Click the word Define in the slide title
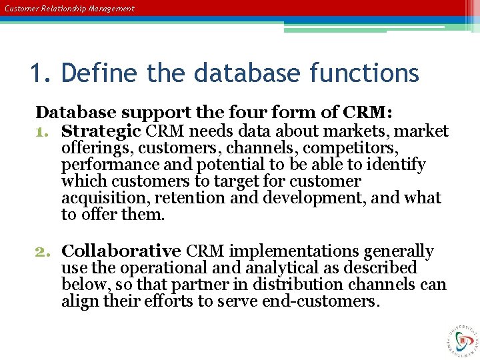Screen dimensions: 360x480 click(x=101, y=73)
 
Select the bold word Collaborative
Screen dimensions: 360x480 click(x=121, y=251)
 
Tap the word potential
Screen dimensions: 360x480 click(x=217, y=165)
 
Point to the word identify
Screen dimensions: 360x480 click(x=394, y=165)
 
